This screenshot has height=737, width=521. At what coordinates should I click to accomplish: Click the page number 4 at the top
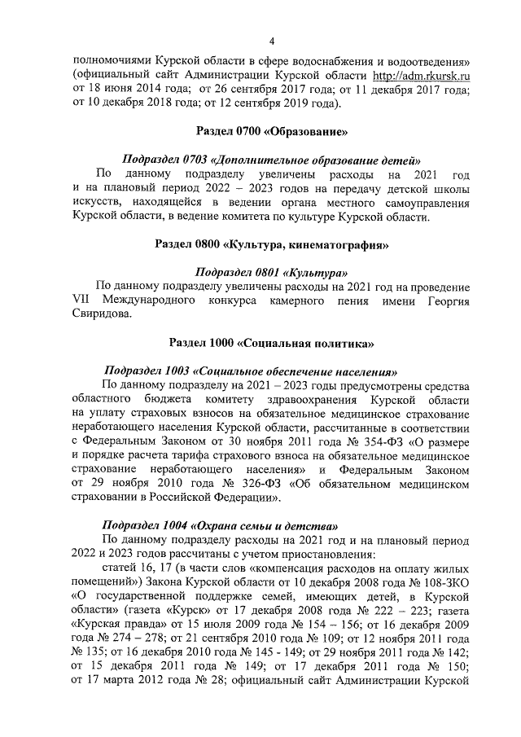point(271,40)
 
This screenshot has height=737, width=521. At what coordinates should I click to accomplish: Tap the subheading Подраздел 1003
point(249,371)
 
